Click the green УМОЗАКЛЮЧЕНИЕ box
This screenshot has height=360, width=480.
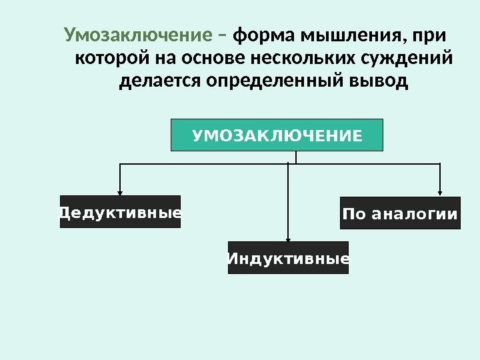pyautogui.click(x=277, y=136)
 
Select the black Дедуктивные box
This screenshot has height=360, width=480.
pyautogui.click(x=120, y=212)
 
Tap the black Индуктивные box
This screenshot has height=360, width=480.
pyautogui.click(x=288, y=258)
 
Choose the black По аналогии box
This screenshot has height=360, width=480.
pyautogui.click(x=400, y=213)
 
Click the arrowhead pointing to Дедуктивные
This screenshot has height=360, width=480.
pyautogui.click(x=120, y=190)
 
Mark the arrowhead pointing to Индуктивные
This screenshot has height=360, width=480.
pyautogui.click(x=288, y=236)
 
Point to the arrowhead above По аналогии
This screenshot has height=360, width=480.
pyautogui.click(x=440, y=191)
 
